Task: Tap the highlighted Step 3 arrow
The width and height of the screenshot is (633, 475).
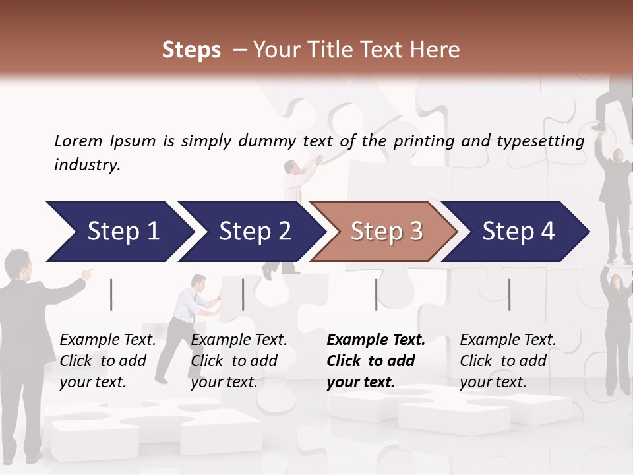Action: click(386, 232)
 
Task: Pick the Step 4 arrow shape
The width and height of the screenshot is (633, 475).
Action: click(518, 232)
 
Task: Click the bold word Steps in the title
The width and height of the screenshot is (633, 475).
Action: click(191, 50)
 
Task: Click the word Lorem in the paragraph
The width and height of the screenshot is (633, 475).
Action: click(78, 141)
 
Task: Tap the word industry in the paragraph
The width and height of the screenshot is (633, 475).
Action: click(86, 165)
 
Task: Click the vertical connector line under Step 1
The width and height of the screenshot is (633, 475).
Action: click(111, 294)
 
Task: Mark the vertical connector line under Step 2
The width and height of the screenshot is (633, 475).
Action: click(243, 294)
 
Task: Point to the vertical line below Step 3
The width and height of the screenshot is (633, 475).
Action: click(376, 294)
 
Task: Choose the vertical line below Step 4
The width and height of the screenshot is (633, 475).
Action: click(509, 294)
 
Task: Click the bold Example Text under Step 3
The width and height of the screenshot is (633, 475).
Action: click(376, 340)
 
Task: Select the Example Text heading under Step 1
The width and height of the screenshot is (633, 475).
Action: click(107, 340)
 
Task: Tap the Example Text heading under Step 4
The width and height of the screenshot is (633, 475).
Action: click(508, 340)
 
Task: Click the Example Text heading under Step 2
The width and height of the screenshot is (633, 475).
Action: click(239, 340)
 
